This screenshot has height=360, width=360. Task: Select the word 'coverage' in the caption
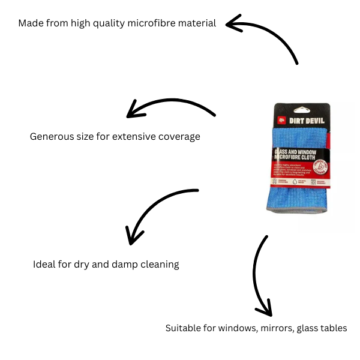tap(179, 137)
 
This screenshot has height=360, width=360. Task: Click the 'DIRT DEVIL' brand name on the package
tap(307, 120)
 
